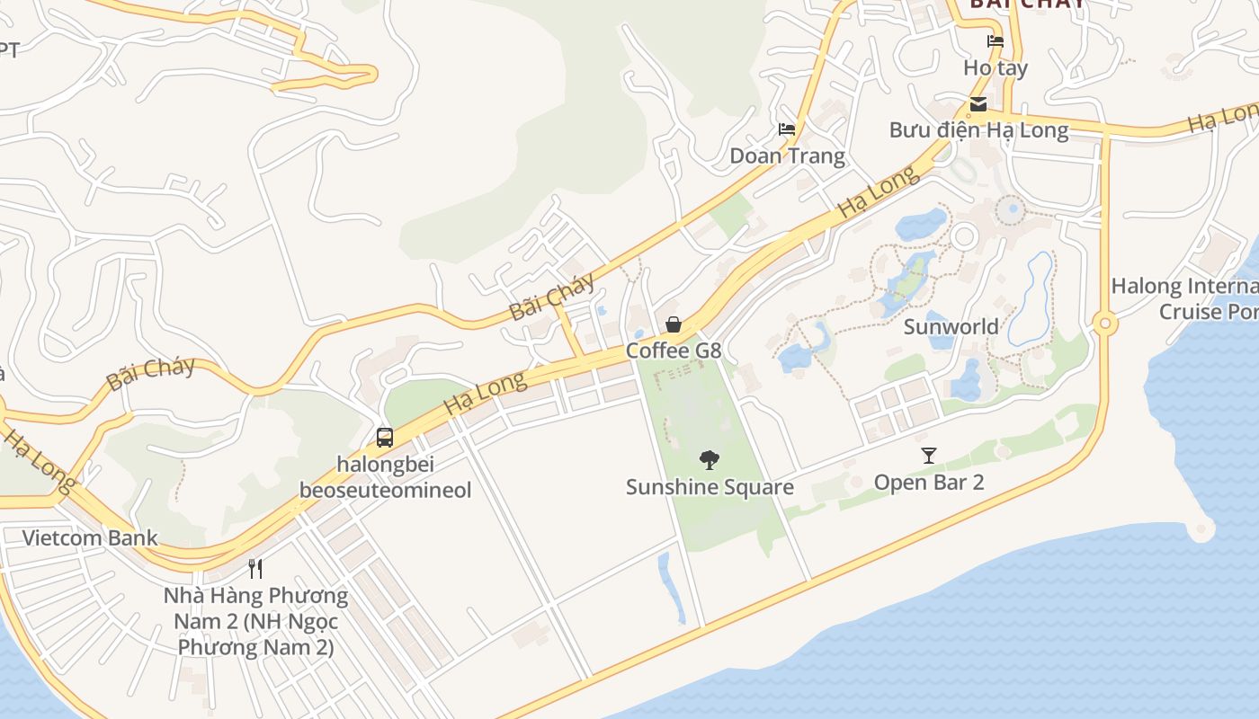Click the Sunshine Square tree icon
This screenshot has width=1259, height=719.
coord(710,460)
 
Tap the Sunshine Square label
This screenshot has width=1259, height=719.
coord(710,487)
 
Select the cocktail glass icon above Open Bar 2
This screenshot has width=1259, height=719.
coord(929,456)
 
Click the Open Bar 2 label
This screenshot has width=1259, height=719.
coord(929,483)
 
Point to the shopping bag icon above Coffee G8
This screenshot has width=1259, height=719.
coord(674,324)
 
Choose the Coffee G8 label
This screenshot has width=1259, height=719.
coord(674,351)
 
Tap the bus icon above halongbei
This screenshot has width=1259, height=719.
coord(385,438)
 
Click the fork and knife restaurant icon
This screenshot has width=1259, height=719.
coord(255,568)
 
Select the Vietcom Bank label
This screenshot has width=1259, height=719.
coord(90,538)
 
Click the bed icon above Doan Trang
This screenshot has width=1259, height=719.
coord(787,129)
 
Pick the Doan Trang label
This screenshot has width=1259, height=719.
coord(787,155)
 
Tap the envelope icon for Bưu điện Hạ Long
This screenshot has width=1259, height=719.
coord(978,104)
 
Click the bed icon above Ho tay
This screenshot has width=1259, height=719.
coord(995,41)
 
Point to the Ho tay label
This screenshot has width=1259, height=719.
coord(995,67)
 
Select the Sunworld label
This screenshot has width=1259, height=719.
coord(951,326)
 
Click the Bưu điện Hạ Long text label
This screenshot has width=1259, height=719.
coord(978,130)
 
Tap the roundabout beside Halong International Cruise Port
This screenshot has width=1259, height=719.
coord(1105,324)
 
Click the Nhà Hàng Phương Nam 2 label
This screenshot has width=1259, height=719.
coord(255,621)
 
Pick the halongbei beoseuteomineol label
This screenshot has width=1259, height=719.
coord(385,477)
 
